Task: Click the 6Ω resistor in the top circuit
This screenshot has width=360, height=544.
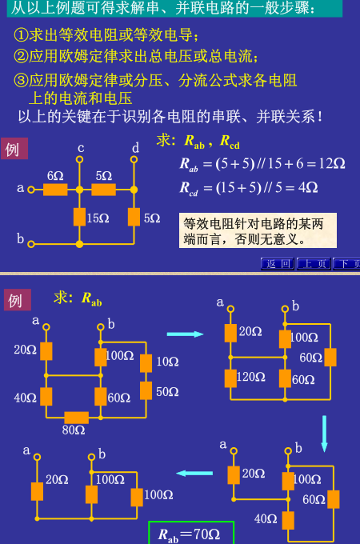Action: click(x=55, y=190)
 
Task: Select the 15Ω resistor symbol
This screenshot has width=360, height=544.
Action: click(x=80, y=217)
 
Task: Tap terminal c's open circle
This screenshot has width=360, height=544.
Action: click(x=80, y=159)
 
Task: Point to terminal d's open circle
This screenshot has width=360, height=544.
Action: click(x=134, y=159)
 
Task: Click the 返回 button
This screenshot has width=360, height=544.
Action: click(x=278, y=264)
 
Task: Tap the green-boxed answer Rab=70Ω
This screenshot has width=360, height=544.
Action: click(x=191, y=533)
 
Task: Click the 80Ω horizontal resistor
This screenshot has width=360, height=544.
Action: click(x=76, y=418)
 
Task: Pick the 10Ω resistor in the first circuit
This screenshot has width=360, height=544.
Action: click(x=146, y=363)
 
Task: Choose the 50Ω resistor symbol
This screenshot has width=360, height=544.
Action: click(x=146, y=390)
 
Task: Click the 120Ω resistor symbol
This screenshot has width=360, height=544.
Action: click(x=230, y=378)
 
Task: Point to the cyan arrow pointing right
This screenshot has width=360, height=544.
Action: click(x=186, y=334)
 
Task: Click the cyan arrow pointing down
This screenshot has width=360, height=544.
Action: click(x=324, y=434)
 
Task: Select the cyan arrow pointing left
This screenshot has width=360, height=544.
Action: click(x=194, y=474)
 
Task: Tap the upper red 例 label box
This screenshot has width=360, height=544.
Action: click(x=14, y=149)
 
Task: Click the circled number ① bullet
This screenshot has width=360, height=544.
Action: click(x=21, y=35)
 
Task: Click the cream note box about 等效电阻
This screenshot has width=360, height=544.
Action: click(x=258, y=230)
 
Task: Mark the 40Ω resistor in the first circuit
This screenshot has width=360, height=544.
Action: click(x=46, y=397)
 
